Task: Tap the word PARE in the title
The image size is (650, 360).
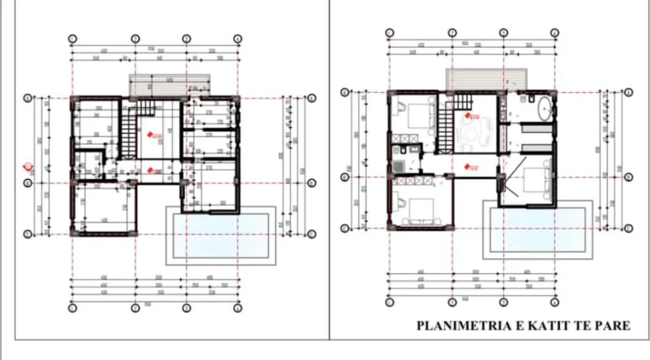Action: coord(613,326)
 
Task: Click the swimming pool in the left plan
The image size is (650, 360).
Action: coord(222,236)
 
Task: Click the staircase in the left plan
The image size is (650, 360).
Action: coord(129,132)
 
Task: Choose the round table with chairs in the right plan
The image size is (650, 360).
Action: coord(474,131)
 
